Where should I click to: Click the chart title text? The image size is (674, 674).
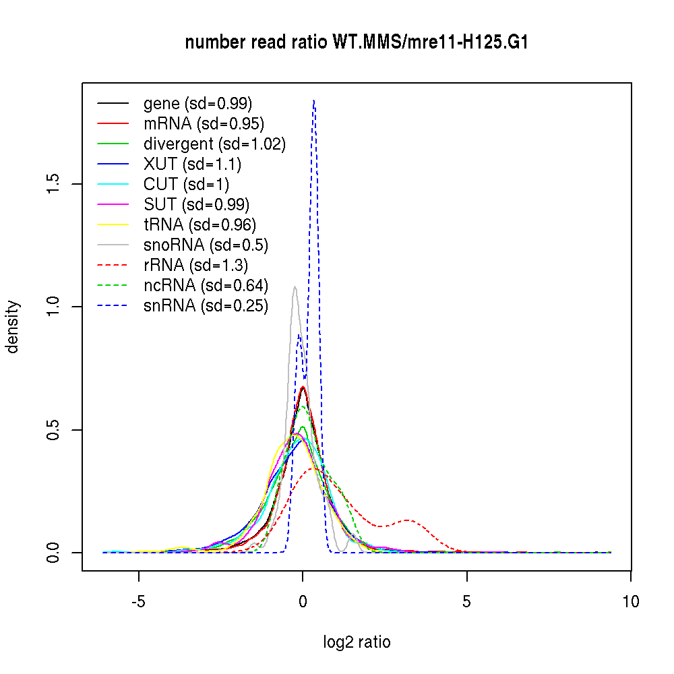(x=357, y=42)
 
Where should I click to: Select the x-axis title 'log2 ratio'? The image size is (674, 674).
(x=357, y=642)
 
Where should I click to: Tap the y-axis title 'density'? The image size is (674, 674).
(x=13, y=326)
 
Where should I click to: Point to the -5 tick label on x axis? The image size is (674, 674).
(x=138, y=601)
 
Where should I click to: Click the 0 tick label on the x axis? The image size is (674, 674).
(x=303, y=601)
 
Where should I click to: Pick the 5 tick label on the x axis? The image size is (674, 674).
(x=466, y=601)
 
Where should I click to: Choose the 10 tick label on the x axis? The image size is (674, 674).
(x=630, y=601)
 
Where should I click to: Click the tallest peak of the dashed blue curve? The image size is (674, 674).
(x=314, y=101)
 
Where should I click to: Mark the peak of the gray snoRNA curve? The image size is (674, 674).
(x=295, y=287)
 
